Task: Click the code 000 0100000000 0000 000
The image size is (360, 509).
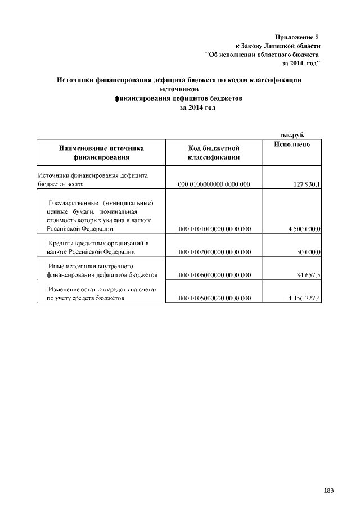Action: [214, 184]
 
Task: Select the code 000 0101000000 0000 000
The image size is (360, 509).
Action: [214, 229]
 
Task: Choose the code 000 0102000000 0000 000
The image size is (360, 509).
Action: [214, 253]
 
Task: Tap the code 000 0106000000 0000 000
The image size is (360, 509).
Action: [214, 275]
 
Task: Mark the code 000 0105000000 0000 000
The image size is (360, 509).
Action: [214, 298]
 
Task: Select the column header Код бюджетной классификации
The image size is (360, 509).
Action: [214, 153]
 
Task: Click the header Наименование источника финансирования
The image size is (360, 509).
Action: [101, 153]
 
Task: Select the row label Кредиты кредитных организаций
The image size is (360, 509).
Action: [98, 243]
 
